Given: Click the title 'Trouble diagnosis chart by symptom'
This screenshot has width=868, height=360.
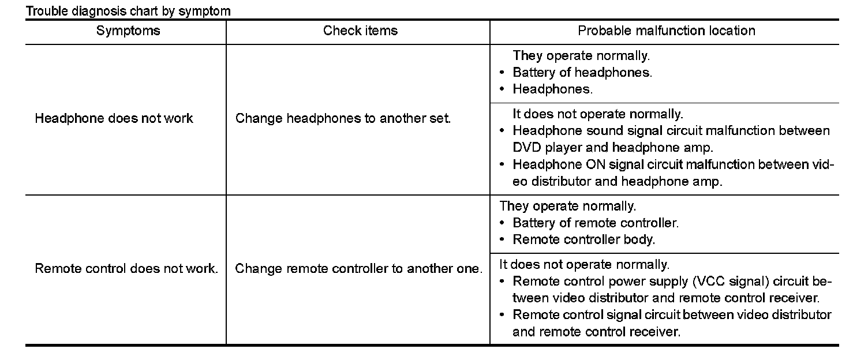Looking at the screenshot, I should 128,11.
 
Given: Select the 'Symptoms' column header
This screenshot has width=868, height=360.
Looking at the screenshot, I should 128,31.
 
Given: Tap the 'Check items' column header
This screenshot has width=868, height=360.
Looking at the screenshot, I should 360,31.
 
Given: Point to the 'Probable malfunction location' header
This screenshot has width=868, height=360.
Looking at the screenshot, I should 667,31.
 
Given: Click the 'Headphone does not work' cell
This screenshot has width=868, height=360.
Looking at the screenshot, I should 114,119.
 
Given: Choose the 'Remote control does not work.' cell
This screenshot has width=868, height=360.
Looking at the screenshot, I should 126,269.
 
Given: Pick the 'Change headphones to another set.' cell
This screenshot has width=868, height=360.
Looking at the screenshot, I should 343,119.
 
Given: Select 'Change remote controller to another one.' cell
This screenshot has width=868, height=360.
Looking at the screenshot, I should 358,269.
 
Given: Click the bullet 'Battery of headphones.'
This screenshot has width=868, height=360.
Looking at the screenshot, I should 582,73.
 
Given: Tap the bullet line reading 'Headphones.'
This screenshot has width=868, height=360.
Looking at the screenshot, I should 552,89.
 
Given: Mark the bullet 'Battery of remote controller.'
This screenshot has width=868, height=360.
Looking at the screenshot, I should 596,223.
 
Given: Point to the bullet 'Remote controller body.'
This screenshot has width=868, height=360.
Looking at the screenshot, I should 583,239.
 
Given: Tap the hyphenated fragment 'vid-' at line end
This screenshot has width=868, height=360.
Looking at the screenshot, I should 823,164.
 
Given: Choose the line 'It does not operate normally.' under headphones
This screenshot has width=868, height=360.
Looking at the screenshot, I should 597,114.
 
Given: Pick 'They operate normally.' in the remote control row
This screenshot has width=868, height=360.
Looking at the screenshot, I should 567,206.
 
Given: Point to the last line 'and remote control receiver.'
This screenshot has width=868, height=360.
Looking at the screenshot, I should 596,332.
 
